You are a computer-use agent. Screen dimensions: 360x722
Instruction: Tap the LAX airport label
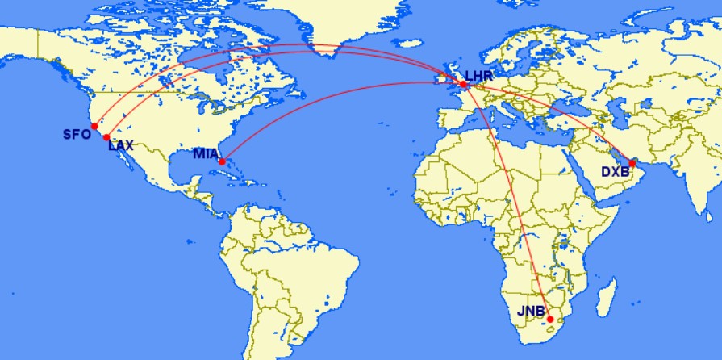122,146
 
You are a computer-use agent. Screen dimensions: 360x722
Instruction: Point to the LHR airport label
479,75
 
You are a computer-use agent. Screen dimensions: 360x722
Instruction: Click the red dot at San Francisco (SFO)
94,126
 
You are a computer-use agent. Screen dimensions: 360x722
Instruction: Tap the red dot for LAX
106,137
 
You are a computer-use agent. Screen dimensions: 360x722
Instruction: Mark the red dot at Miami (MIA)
221,161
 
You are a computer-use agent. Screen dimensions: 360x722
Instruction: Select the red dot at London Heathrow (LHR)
463,84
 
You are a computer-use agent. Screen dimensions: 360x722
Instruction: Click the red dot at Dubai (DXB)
632,164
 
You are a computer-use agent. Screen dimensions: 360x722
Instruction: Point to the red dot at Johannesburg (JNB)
550,319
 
